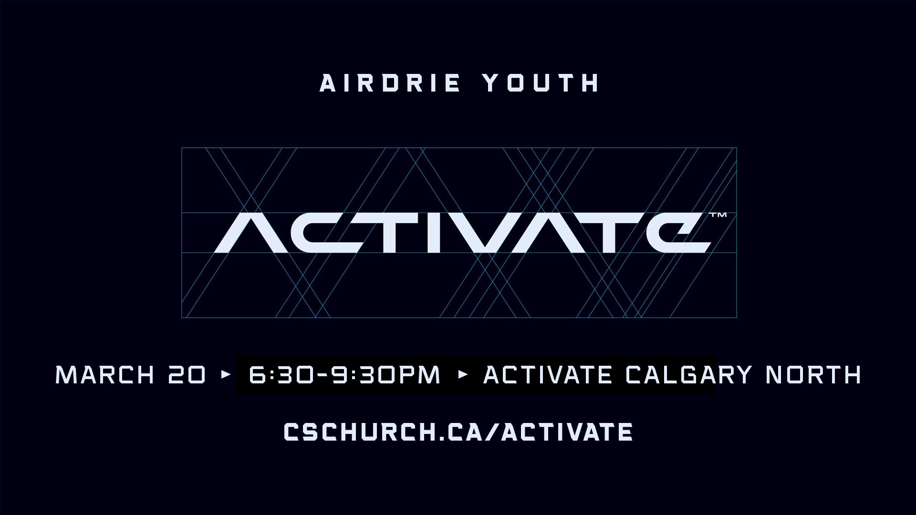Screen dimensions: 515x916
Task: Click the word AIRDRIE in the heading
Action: tap(390, 83)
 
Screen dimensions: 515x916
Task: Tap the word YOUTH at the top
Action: tap(541, 83)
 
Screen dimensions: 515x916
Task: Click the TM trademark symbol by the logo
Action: tap(718, 215)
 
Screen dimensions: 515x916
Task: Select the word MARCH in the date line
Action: tap(105, 375)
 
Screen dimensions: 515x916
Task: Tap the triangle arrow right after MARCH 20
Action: tap(226, 374)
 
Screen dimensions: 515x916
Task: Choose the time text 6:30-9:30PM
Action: tap(344, 375)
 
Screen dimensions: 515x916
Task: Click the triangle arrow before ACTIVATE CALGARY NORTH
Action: tap(462, 374)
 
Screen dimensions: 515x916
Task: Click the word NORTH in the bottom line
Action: tap(813, 375)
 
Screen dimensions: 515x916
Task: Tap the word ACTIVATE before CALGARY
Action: tap(548, 375)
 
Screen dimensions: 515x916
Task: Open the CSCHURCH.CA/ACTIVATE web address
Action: tap(458, 432)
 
